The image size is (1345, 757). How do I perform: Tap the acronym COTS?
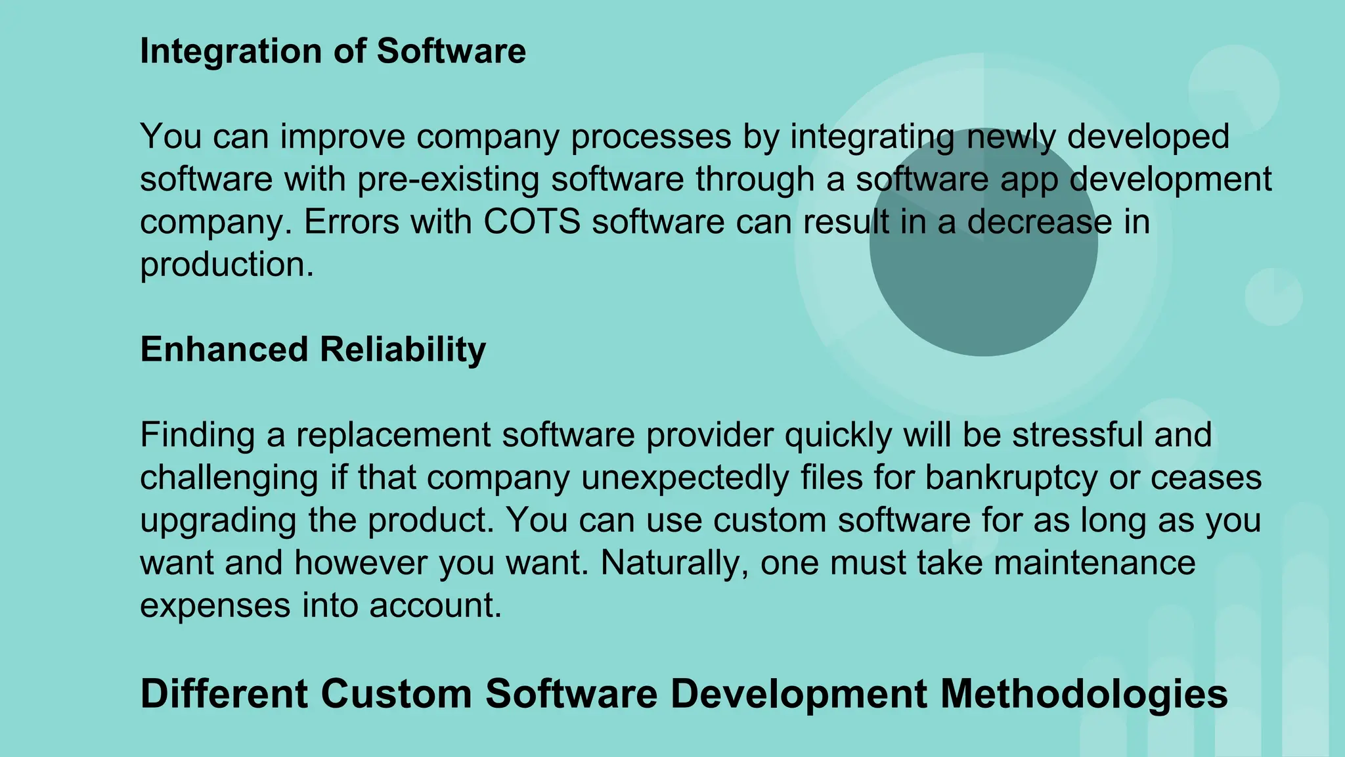pos(532,221)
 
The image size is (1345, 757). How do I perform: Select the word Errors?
pos(351,221)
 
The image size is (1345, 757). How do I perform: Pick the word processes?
pos(651,137)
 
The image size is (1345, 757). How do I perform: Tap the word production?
pos(227,264)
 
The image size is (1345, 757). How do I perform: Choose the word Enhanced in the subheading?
pos(224,349)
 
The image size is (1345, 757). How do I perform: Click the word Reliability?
pos(403,349)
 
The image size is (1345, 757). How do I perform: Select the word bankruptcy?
pos(1011,477)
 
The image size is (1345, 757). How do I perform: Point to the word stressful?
pos(1077,434)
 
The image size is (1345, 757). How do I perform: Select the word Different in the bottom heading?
pos(224,694)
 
